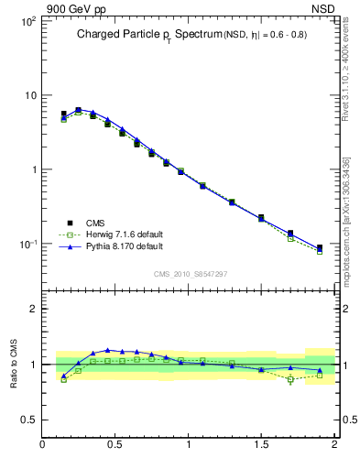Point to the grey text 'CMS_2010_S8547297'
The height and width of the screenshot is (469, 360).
190,274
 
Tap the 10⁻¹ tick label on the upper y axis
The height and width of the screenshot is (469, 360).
27,245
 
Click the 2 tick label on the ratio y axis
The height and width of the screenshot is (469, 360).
33,309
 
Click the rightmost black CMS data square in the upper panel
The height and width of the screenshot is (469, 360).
320,247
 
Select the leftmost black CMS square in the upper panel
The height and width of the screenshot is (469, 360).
63,115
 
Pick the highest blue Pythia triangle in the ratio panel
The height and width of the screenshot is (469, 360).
108,350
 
